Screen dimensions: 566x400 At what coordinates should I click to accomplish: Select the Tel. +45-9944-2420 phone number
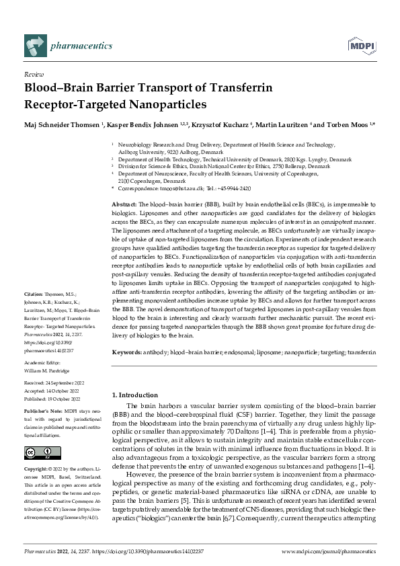(x=229, y=189)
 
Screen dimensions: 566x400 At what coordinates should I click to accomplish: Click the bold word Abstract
(x=124, y=203)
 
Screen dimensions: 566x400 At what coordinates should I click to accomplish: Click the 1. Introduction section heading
(x=134, y=395)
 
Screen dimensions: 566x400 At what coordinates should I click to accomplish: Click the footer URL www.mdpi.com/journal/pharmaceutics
(x=328, y=551)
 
